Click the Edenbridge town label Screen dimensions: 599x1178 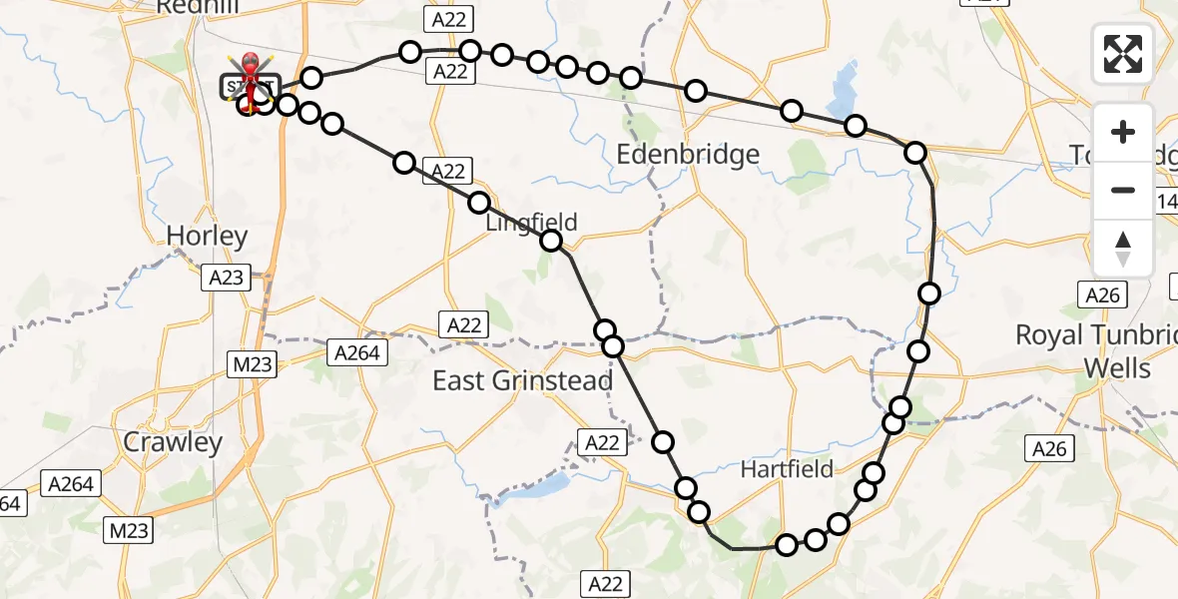688,154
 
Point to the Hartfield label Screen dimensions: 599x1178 788,468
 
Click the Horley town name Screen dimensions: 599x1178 207,237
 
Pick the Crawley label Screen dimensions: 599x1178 173,442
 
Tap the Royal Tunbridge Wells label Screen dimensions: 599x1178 1096,351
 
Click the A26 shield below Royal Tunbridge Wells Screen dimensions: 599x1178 1049,449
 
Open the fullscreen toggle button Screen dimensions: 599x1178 1123,54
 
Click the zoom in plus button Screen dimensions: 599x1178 1123,133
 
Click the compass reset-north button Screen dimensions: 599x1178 1123,248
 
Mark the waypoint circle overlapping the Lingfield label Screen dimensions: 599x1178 552,241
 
